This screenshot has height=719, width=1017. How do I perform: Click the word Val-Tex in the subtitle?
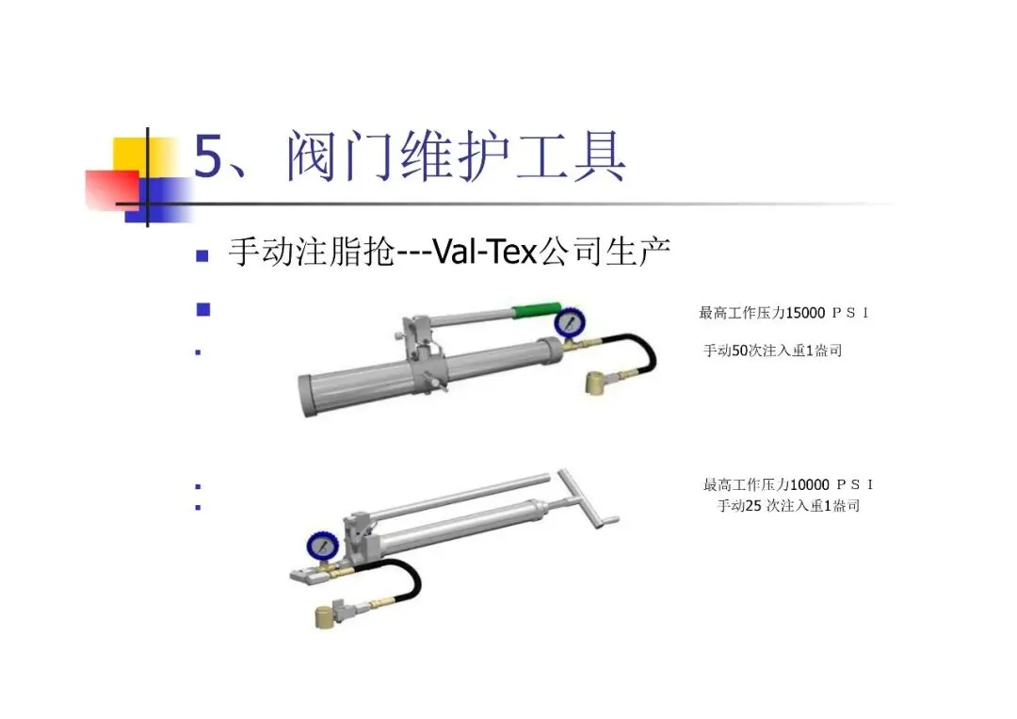tap(485, 252)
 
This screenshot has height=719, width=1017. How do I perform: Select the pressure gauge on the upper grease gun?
tap(570, 322)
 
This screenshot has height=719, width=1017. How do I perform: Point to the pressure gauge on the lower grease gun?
tap(322, 547)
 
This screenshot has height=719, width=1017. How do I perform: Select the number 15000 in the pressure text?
tap(805, 313)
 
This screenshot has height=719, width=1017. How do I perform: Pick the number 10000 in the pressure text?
tap(810, 484)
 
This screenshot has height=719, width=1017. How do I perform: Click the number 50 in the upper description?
tap(739, 351)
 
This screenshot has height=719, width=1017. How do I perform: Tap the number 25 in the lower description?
tap(753, 505)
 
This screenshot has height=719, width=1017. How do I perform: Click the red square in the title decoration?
tap(112, 190)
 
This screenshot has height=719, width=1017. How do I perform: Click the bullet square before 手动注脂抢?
tap(202, 255)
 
